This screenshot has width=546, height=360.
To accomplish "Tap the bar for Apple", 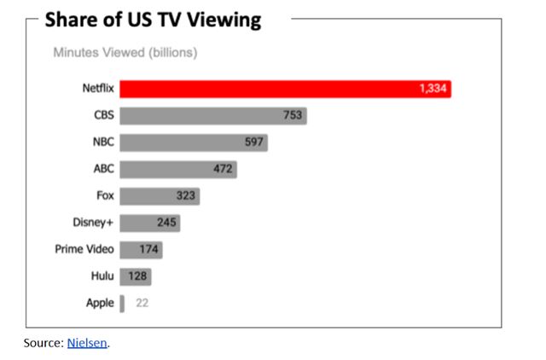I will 122,303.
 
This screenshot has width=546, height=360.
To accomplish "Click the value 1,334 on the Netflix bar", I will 433,89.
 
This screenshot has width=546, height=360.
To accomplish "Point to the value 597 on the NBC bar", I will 254,142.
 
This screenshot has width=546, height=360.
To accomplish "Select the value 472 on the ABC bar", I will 223,169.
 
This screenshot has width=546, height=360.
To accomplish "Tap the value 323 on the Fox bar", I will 186,196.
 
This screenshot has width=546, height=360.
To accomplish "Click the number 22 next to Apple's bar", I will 142,303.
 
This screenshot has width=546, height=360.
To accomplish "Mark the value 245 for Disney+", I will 166,223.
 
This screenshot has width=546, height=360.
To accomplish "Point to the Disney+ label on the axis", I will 93,223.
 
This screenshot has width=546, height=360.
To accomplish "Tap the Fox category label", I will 106,196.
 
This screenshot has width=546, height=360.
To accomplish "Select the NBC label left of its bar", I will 102,142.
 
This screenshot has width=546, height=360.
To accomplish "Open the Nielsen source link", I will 87,343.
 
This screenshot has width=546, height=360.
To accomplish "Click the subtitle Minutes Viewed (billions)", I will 125,53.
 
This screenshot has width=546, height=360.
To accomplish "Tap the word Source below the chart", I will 43,343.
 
